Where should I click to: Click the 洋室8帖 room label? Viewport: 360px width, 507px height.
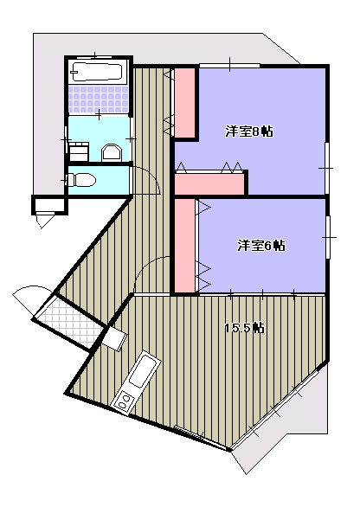click(249, 132)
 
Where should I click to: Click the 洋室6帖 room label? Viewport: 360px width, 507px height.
click(261, 246)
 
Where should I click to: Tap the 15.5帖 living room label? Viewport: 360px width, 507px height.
click(245, 328)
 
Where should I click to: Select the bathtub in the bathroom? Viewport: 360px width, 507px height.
click(98, 72)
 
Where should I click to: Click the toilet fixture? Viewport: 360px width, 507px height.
click(80, 180)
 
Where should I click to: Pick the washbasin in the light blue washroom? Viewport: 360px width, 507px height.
click(112, 152)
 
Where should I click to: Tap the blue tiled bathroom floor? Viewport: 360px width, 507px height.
click(99, 99)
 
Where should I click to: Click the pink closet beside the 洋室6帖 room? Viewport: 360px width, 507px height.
click(185, 246)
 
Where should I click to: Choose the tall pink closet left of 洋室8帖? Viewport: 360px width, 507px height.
click(184, 102)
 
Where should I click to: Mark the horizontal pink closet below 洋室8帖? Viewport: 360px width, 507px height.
click(209, 184)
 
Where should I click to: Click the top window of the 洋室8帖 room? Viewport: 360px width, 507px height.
click(229, 65)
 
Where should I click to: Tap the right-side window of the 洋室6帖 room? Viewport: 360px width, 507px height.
click(328, 237)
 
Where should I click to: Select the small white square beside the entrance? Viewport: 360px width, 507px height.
click(114, 338)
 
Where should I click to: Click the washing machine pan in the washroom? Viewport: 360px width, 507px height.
click(80, 151)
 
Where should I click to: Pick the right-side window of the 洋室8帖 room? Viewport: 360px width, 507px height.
click(327, 168)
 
